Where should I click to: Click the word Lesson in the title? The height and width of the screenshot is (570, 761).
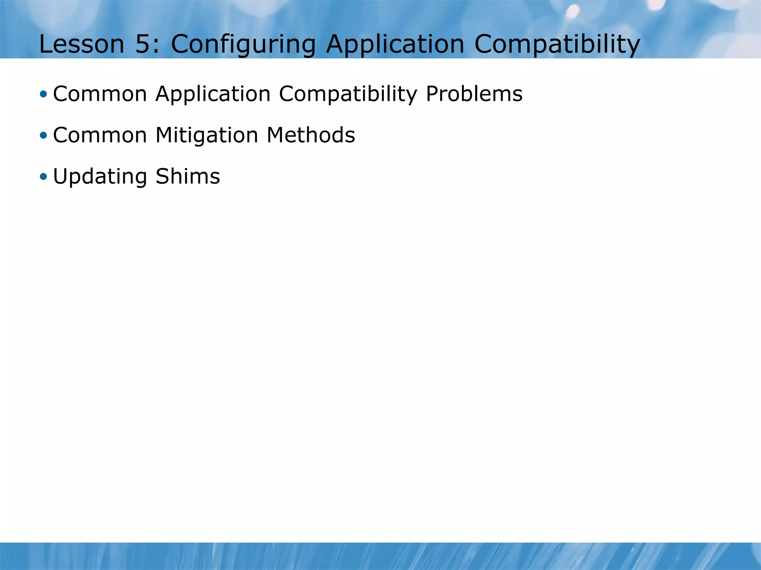point(81,44)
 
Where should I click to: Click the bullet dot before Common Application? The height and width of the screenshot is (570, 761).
point(43,94)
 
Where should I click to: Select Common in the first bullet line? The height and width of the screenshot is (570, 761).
point(100,94)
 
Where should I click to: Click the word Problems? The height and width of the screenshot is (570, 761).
point(474,94)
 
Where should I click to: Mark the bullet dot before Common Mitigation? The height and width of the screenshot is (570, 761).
point(43,135)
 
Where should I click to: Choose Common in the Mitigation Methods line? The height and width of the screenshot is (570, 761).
point(100,135)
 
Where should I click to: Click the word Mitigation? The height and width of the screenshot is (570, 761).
point(207,136)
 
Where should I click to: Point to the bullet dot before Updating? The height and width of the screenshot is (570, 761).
point(43,176)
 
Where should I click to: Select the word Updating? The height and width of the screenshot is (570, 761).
point(100,177)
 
